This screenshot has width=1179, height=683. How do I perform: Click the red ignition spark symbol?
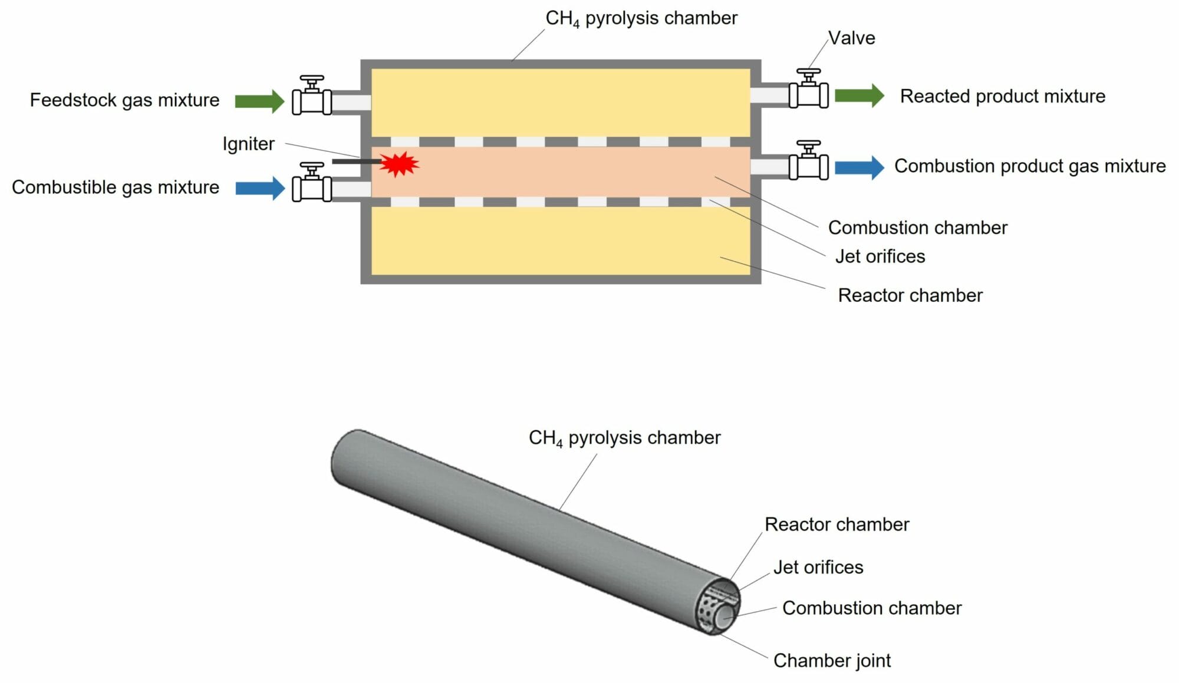(x=399, y=164)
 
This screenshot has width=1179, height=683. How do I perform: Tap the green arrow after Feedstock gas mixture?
(x=259, y=101)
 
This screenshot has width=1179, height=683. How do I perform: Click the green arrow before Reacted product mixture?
(x=859, y=95)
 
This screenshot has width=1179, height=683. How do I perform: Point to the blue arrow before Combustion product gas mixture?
(x=859, y=167)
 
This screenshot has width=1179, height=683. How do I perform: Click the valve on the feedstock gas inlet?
(x=312, y=97)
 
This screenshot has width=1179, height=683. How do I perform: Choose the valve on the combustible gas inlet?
(x=312, y=184)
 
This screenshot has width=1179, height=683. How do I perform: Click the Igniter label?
(x=248, y=144)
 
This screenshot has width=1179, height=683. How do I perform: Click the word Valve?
(x=851, y=38)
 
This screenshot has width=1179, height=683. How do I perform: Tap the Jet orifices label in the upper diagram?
(x=880, y=256)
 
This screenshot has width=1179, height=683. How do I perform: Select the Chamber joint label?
(x=831, y=661)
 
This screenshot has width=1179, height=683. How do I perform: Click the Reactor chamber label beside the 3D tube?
(x=837, y=524)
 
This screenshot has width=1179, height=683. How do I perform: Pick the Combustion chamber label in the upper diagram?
(x=917, y=227)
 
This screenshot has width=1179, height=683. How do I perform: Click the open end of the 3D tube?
(x=717, y=607)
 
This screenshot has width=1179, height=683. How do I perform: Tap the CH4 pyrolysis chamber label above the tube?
(x=624, y=438)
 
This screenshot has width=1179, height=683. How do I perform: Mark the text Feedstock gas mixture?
(x=124, y=100)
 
